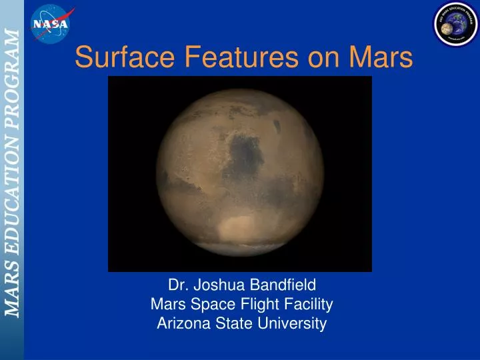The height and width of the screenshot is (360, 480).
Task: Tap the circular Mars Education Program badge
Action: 456,23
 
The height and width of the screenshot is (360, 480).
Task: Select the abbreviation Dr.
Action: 177,285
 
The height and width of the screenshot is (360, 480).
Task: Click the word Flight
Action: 264,305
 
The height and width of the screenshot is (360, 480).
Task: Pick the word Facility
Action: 310,305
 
